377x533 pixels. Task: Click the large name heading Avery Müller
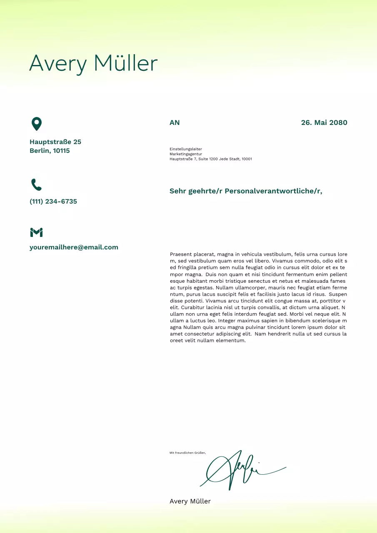click(93, 64)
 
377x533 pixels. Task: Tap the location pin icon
click(37, 124)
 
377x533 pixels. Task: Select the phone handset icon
click(37, 184)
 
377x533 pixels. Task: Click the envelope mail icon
click(37, 232)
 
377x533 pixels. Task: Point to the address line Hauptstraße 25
click(55, 142)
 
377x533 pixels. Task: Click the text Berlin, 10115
click(50, 151)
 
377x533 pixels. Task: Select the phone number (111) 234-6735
click(53, 202)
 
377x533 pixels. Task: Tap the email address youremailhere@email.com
click(74, 247)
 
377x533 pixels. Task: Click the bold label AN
click(175, 123)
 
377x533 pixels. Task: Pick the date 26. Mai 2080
click(324, 123)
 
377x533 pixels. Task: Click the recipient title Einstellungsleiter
click(186, 149)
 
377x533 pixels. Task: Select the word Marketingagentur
click(186, 154)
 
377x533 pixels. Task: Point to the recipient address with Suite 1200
click(211, 159)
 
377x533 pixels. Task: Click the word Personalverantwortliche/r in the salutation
click(273, 191)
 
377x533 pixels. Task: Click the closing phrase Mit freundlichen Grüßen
click(187, 453)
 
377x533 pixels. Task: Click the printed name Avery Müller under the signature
click(190, 501)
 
